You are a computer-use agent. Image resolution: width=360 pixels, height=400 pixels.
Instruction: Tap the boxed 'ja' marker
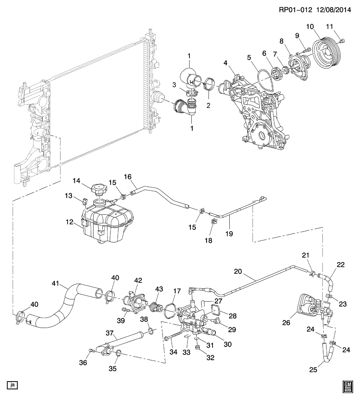[13, 385]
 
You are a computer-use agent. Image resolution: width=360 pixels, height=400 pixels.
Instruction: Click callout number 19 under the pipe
[227, 233]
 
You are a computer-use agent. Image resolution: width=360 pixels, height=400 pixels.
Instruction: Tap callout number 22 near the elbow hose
[340, 265]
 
